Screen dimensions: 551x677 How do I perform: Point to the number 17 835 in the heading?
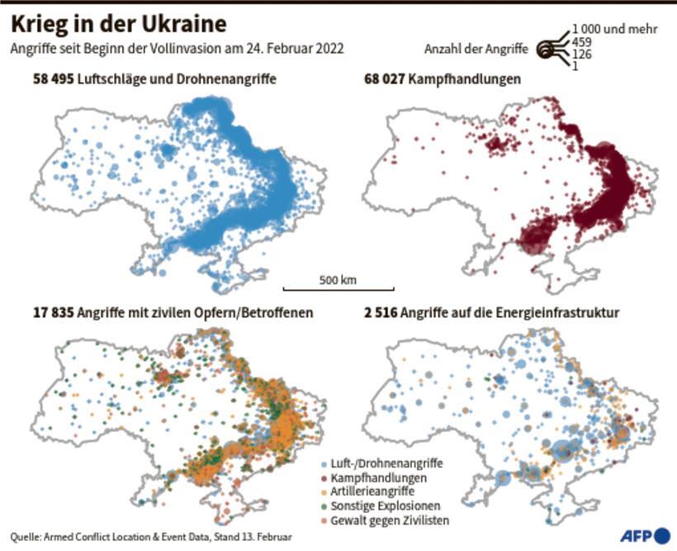pyautogui.click(x=32, y=314)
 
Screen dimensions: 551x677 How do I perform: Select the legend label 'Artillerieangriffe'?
pyautogui.click(x=368, y=492)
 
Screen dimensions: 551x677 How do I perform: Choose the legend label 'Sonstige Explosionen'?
pyautogui.click(x=379, y=505)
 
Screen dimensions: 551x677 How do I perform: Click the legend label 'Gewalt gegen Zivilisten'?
pyautogui.click(x=384, y=519)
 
